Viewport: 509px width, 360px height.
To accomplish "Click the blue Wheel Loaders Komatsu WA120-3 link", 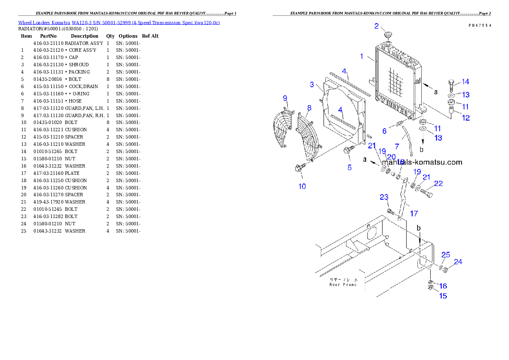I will coord(118,23).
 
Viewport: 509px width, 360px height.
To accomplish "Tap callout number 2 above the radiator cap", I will coord(376,26).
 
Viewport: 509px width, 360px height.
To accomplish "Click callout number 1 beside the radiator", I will coord(362,56).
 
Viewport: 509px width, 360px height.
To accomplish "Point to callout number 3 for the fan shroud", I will coord(312,85).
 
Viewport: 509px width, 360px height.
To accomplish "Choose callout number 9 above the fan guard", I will coord(285,98).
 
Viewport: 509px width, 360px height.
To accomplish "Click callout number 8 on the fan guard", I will coord(309,107).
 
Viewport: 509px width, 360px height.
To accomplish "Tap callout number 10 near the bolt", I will coord(302,186).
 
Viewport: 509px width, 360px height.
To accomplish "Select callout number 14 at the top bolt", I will coord(465,82).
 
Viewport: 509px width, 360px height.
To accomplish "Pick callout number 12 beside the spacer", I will coord(465,118).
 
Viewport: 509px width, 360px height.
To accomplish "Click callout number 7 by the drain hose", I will coord(397,146).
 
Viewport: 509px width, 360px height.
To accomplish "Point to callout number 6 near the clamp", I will coord(384,131).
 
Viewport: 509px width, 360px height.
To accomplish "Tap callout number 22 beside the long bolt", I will coord(438,184).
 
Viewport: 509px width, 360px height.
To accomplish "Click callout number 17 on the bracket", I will coord(414,213).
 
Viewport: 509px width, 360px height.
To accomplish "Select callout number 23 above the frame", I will coord(384,197).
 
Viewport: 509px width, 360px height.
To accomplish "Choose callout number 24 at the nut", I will coord(458,262).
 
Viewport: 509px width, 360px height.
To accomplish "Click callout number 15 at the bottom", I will coord(443,295).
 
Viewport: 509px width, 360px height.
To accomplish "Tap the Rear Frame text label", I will coord(343,282).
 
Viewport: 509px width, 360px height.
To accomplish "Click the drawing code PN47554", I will coord(479,26).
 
